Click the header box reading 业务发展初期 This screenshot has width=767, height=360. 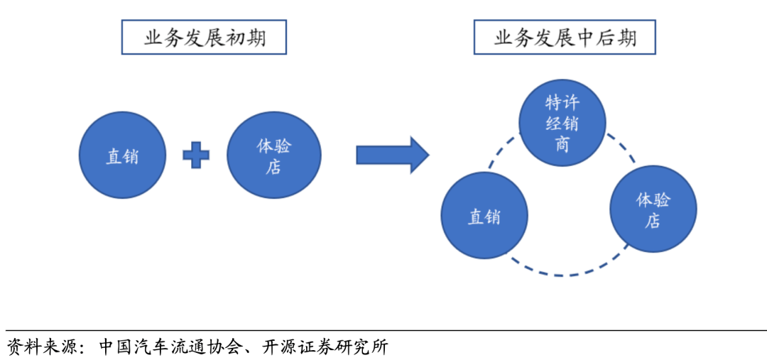click(x=204, y=38)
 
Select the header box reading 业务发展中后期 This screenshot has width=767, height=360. click(x=565, y=38)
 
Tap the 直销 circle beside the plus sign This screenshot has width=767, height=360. click(x=122, y=156)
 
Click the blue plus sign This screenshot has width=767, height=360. click(x=196, y=156)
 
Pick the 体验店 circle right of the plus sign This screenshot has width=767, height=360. click(x=273, y=156)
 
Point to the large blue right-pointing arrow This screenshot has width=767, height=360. click(x=392, y=155)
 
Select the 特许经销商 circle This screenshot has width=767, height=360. click(x=562, y=122)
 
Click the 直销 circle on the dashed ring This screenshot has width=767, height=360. click(x=484, y=216)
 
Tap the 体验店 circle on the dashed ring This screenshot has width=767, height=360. click(x=653, y=209)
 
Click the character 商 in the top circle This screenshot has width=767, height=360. click(x=562, y=144)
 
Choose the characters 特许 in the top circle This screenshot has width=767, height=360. click(x=562, y=102)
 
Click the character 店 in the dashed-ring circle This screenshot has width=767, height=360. click(x=653, y=221)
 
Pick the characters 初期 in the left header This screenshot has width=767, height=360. click(x=246, y=38)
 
